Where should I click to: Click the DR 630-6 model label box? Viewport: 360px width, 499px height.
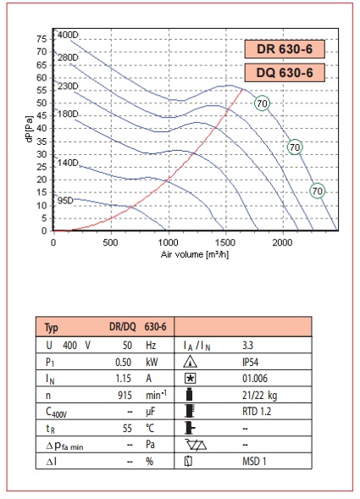285,49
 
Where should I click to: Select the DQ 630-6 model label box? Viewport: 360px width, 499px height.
285,73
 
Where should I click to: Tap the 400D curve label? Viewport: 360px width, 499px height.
68,35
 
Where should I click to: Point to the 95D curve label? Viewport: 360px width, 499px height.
65,201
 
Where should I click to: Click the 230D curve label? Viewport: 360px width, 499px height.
68,86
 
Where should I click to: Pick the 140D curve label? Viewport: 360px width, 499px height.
68,163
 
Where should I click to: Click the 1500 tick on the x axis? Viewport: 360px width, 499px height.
225,242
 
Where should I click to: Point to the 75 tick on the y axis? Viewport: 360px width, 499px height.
42,39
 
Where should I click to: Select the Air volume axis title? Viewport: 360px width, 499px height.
195,254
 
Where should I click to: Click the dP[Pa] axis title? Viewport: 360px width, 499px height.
30,129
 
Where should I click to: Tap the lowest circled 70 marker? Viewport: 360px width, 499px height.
318,191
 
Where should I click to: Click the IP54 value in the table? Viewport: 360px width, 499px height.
250,362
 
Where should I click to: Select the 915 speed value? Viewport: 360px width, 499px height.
125,396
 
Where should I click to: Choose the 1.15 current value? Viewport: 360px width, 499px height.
123,379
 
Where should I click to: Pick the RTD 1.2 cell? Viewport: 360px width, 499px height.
257,412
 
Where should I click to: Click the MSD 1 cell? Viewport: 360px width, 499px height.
254,461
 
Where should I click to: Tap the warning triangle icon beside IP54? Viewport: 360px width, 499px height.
190,362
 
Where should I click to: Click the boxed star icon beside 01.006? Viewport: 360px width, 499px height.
190,379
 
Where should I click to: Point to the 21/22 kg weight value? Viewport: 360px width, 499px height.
259,396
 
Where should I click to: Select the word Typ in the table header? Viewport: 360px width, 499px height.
51,327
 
